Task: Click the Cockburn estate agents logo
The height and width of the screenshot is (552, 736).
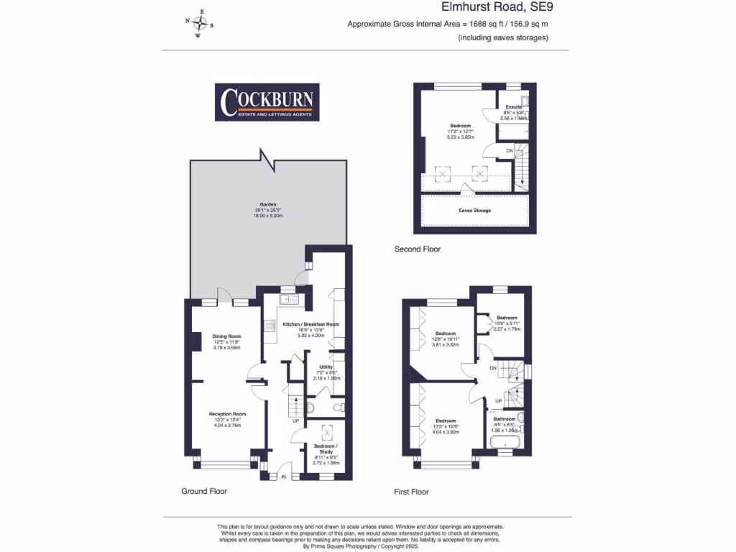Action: [268, 103]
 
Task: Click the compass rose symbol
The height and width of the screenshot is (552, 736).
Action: [201, 23]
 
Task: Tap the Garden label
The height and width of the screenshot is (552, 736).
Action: [267, 203]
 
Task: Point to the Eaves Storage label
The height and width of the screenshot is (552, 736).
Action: [474, 211]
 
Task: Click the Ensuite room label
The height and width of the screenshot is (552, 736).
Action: [514, 107]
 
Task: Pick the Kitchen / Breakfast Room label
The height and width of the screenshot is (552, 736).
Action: [311, 324]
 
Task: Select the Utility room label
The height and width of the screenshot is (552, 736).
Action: [326, 367]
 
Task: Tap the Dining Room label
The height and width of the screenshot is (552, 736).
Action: [226, 336]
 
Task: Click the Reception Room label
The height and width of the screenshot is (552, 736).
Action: [227, 414]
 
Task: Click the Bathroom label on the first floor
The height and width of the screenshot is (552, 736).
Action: [504, 419]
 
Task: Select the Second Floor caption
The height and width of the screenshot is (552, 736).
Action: [418, 249]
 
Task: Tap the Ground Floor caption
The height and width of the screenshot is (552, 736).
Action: [204, 492]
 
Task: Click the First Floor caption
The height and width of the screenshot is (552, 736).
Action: [411, 492]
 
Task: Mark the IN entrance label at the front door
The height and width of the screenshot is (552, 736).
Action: [283, 477]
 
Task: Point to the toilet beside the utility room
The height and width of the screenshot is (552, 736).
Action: [310, 408]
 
